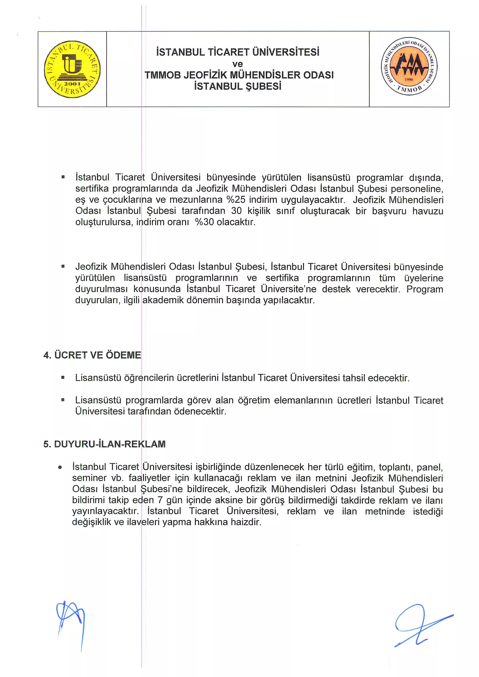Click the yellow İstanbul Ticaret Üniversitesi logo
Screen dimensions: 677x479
pyautogui.click(x=72, y=69)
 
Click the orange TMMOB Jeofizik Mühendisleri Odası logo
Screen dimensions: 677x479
pyautogui.click(x=409, y=66)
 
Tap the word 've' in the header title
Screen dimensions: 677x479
pyautogui.click(x=237, y=64)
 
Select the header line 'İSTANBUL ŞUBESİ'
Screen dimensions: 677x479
pyautogui.click(x=237, y=86)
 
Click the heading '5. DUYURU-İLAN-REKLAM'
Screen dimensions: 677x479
pyautogui.click(x=104, y=444)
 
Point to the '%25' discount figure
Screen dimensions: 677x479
pyautogui.click(x=236, y=200)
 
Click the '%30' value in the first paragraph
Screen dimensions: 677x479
pyautogui.click(x=204, y=222)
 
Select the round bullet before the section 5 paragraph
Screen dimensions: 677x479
pyautogui.click(x=60, y=467)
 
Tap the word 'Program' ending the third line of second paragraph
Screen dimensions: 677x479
pyautogui.click(x=425, y=289)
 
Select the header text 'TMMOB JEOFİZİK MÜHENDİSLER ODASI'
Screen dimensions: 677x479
pyautogui.click(x=239, y=75)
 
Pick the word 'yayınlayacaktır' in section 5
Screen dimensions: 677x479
pyautogui.click(x=105, y=511)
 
